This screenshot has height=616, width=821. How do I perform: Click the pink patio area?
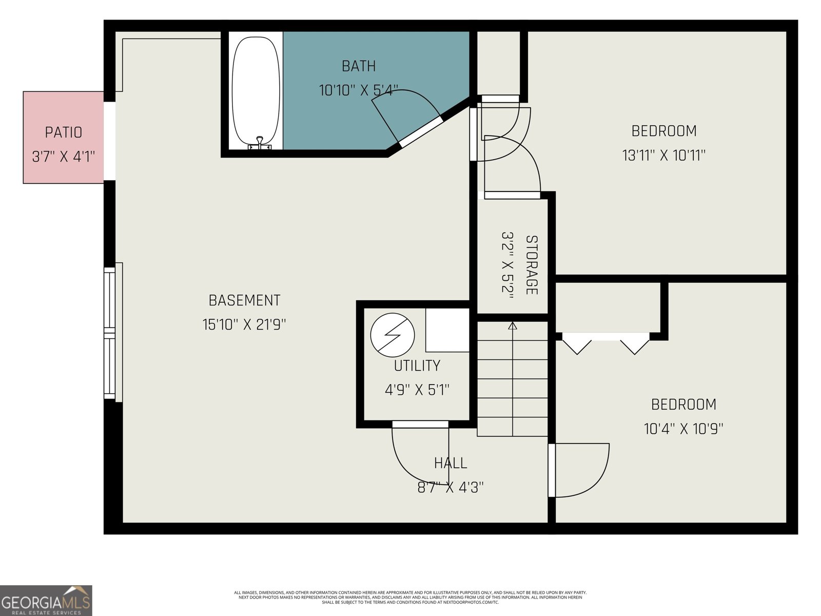click(x=64, y=138)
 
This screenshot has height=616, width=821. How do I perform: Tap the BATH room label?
click(x=359, y=66)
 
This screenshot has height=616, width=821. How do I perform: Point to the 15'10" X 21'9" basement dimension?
click(x=244, y=325)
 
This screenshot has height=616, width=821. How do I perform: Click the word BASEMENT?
click(x=244, y=300)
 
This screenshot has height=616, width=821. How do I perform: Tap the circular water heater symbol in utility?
click(x=393, y=335)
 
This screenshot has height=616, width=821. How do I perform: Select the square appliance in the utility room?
click(x=447, y=330)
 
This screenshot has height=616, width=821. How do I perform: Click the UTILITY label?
click(x=417, y=366)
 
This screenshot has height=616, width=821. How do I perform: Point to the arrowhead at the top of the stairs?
click(x=512, y=325)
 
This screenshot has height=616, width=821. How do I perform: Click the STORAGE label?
click(x=532, y=265)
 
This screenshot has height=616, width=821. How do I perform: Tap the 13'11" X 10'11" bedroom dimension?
click(x=664, y=156)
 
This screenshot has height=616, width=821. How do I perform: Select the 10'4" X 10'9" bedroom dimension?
click(x=683, y=429)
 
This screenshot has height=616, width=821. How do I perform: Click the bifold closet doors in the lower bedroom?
click(x=605, y=343)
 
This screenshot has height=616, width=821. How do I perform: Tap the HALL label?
click(x=451, y=464)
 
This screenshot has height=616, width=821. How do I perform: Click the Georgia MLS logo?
click(x=46, y=600)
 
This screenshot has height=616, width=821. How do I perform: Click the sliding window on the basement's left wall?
click(x=110, y=333)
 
